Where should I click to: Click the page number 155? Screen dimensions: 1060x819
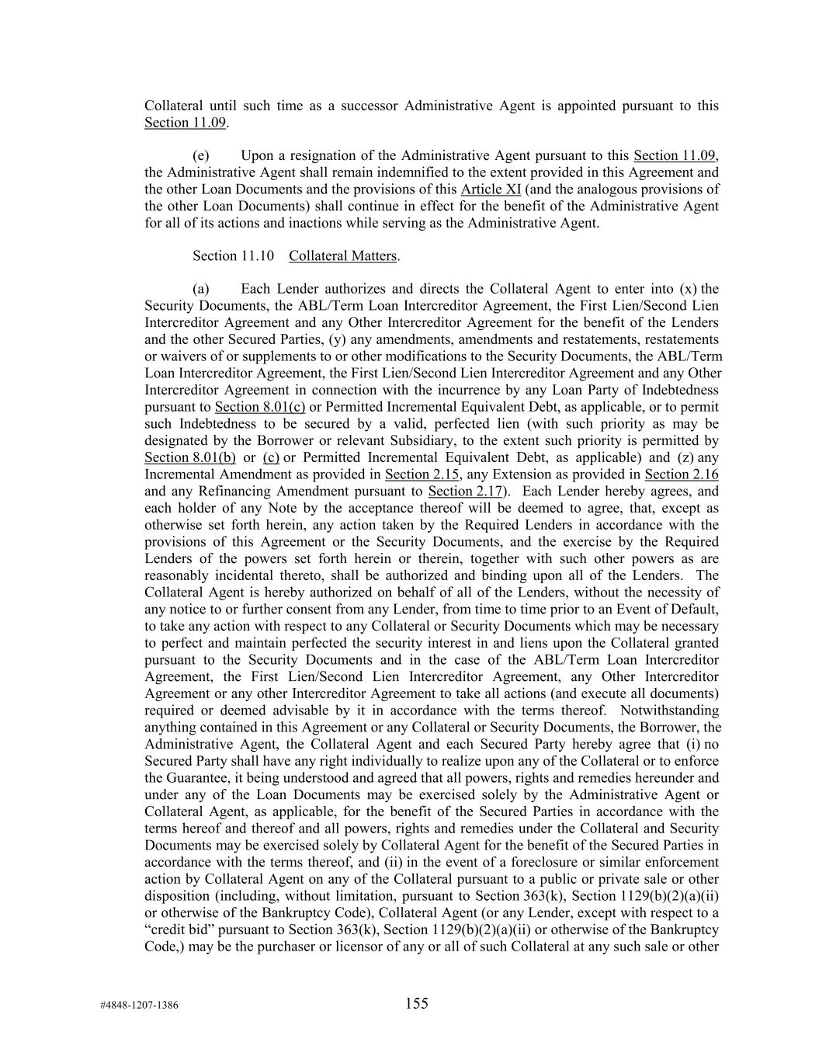tap(416, 1003)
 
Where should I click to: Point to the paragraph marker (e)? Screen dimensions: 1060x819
tap(201, 155)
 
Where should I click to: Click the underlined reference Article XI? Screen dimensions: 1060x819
tap(491, 189)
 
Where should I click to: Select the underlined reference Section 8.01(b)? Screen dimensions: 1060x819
tap(190, 457)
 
